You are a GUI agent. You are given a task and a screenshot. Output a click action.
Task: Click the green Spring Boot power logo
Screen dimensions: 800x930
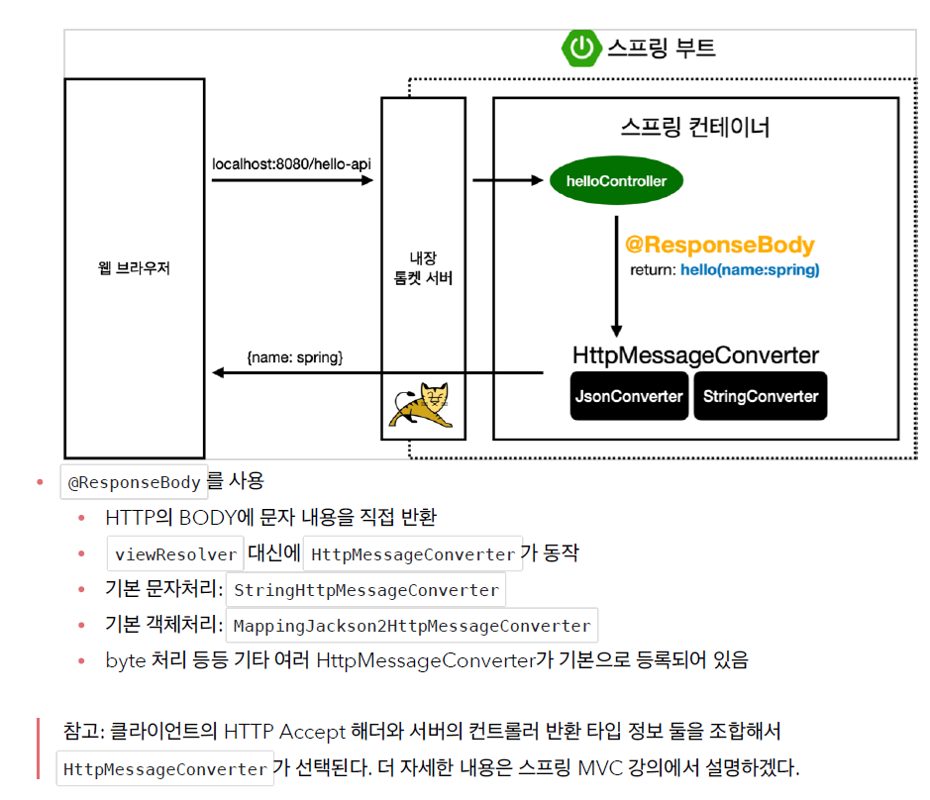pos(580,48)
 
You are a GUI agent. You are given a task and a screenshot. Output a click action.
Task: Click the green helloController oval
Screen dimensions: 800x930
pos(616,181)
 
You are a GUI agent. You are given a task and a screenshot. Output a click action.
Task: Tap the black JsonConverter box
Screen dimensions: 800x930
pos(630,396)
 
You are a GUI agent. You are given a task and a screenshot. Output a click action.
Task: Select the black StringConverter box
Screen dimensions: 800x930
pos(761,396)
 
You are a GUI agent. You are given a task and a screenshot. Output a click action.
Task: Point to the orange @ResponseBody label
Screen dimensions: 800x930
pos(720,246)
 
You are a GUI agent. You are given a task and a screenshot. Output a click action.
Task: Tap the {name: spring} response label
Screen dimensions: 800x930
pos(294,356)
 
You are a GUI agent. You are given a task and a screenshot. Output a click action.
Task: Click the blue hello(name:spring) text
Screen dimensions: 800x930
pos(750,269)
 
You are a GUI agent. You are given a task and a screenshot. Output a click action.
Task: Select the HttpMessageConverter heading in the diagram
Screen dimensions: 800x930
pos(695,355)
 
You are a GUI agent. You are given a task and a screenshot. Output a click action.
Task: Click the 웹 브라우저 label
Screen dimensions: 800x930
pos(135,267)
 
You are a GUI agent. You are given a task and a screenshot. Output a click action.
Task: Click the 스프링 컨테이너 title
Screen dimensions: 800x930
pos(695,128)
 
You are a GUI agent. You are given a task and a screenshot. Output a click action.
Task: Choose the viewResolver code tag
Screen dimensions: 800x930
pos(175,554)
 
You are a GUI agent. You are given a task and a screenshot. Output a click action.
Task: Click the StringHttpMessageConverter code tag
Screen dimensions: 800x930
pos(365,590)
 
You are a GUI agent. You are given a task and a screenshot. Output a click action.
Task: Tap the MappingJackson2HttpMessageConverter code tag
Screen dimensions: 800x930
pos(412,626)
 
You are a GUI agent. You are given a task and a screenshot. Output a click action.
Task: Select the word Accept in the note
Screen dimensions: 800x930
pos(312,733)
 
